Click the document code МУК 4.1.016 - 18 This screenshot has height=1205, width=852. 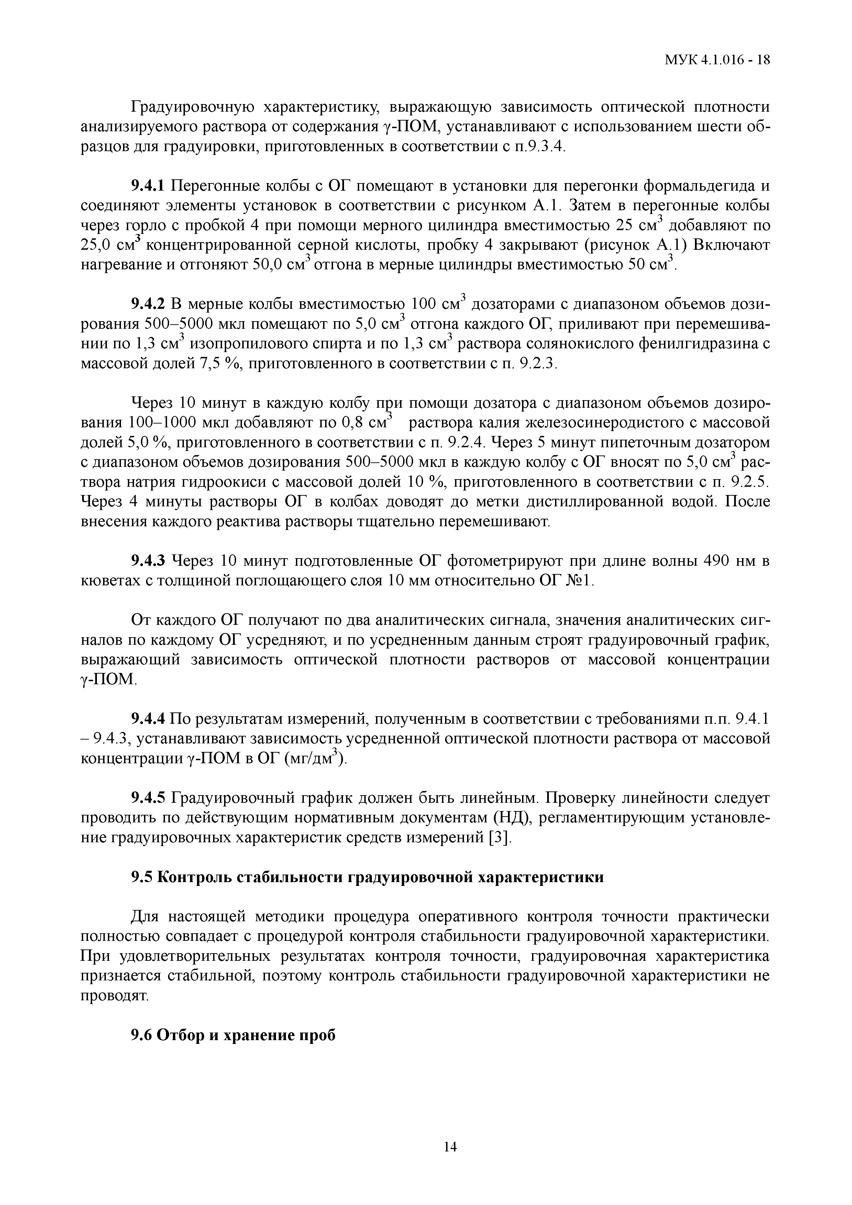[x=717, y=59]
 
